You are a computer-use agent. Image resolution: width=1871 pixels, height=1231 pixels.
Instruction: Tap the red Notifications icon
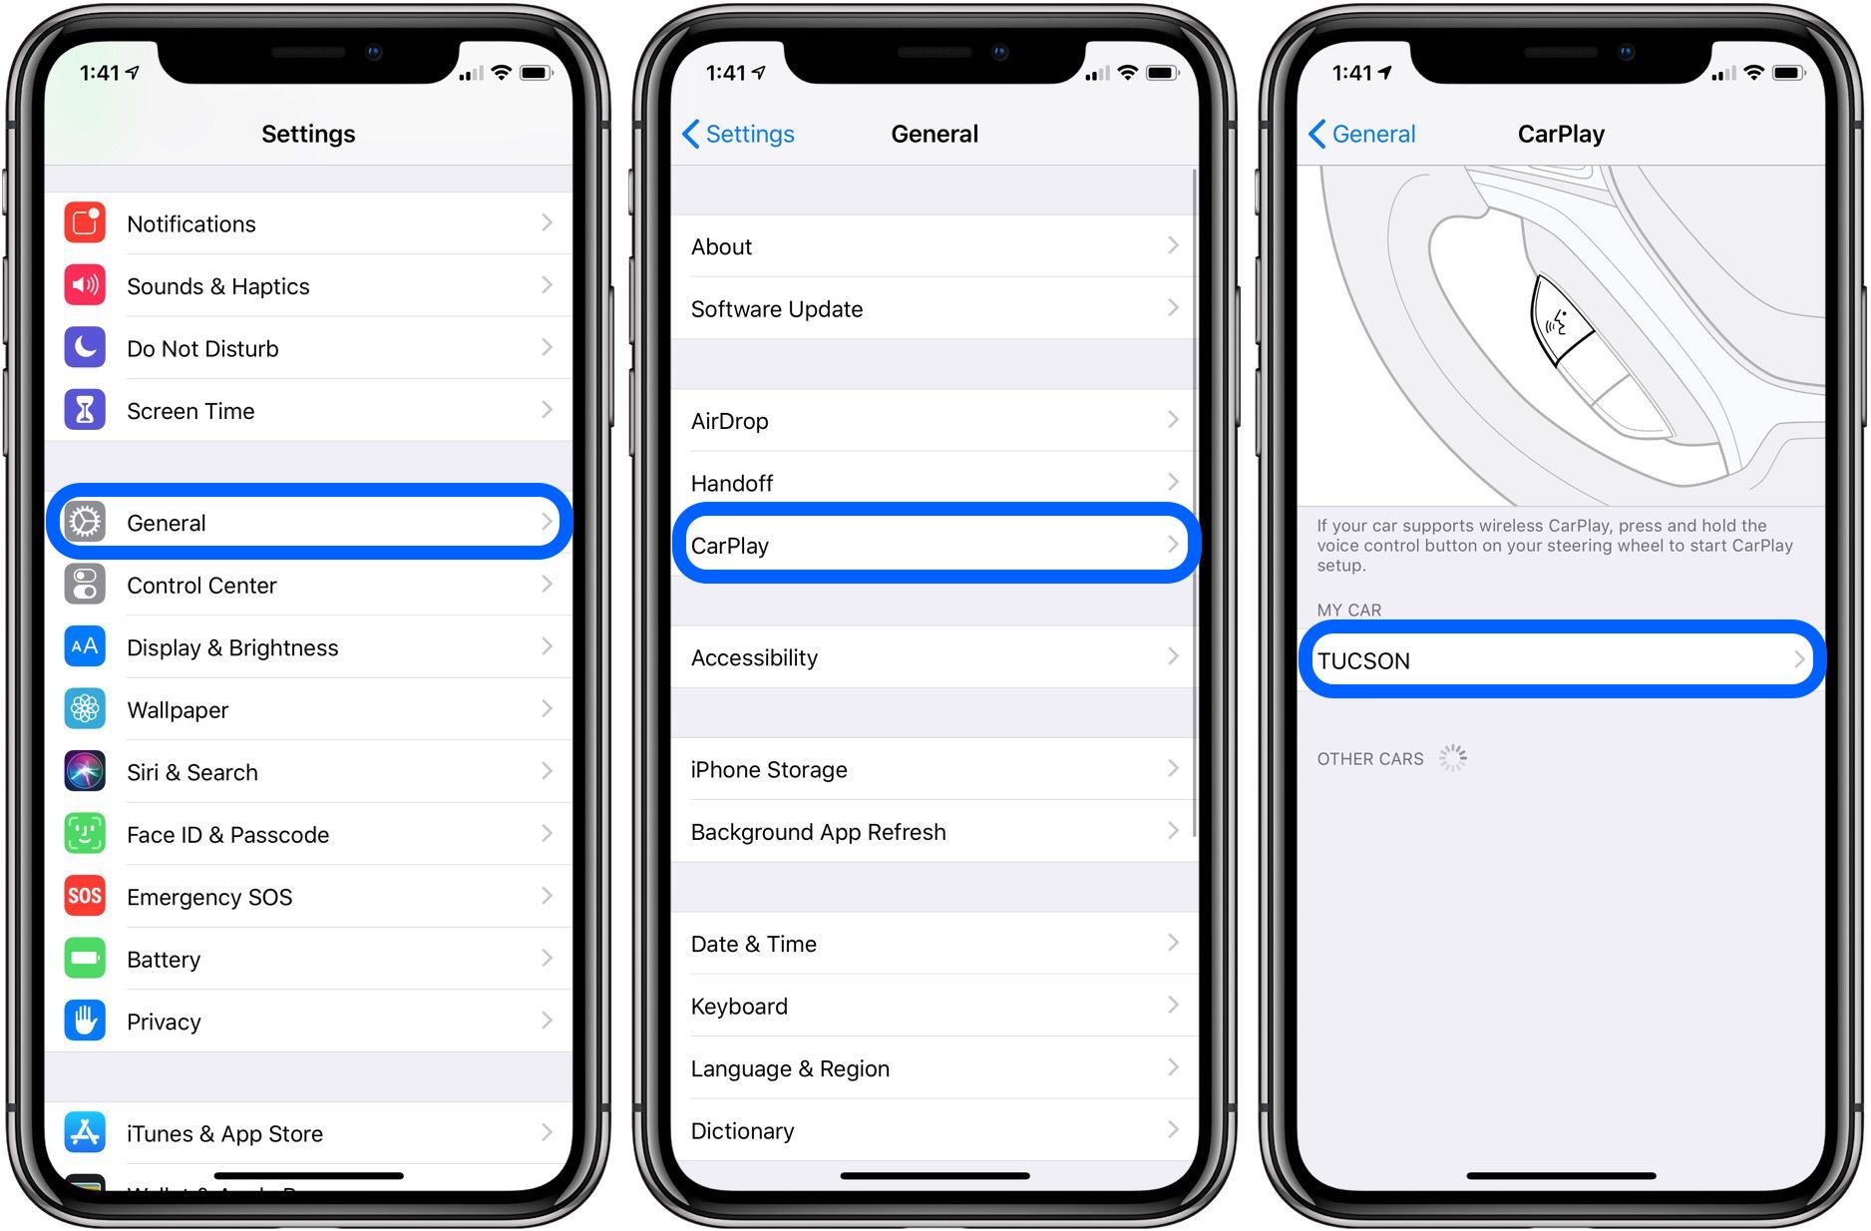pos(85,222)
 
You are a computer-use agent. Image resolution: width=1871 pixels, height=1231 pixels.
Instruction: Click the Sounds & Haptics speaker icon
pos(85,285)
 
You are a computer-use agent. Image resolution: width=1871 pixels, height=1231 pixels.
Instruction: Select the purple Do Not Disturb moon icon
pos(85,347)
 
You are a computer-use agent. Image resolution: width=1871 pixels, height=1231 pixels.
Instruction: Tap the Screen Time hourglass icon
pos(85,410)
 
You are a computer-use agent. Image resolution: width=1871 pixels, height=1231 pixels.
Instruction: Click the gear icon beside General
pos(85,522)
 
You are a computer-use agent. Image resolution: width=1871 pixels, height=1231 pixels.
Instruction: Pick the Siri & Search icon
pos(85,771)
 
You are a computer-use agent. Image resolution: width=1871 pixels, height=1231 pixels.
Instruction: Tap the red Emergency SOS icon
pos(85,896)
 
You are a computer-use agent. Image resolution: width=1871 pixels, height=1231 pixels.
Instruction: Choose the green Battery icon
pos(85,959)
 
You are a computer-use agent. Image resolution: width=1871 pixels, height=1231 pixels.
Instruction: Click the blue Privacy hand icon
pos(85,1021)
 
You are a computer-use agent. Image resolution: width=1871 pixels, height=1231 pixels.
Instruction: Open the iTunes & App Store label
pos(224,1134)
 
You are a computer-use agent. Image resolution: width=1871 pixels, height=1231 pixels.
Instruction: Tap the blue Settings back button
pos(738,134)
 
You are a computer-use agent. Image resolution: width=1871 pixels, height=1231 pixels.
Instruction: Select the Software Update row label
pos(777,309)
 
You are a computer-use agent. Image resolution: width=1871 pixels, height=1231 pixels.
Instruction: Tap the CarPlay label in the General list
pos(730,546)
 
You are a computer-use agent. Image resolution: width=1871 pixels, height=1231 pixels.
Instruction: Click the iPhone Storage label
pos(769,770)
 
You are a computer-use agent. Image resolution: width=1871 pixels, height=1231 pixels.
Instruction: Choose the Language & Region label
pos(790,1069)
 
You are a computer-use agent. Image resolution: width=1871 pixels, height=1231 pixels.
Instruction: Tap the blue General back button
pos(1361,134)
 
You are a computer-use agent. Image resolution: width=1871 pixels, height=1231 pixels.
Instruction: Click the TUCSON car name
pos(1363,661)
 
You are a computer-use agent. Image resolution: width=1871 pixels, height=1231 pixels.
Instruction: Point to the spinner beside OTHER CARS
pos(1452,758)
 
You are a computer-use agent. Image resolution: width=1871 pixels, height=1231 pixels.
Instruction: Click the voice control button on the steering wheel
pos(1560,320)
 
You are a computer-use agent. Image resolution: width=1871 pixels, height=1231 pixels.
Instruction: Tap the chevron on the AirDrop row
pos(1173,420)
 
